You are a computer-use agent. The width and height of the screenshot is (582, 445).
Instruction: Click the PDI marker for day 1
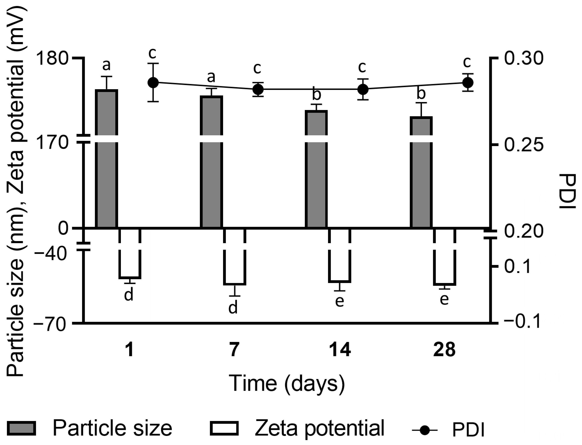point(153,82)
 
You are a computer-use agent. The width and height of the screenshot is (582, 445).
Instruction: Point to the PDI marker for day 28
point(468,82)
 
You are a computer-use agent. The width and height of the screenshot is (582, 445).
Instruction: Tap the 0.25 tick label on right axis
point(524,145)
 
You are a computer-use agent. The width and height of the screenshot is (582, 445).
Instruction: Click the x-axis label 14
point(340,350)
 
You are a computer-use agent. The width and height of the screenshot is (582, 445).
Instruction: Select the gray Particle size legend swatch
point(21,428)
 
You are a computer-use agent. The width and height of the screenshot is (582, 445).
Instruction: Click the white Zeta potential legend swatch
point(224,428)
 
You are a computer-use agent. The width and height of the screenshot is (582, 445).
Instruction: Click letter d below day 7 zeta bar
point(233,308)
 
